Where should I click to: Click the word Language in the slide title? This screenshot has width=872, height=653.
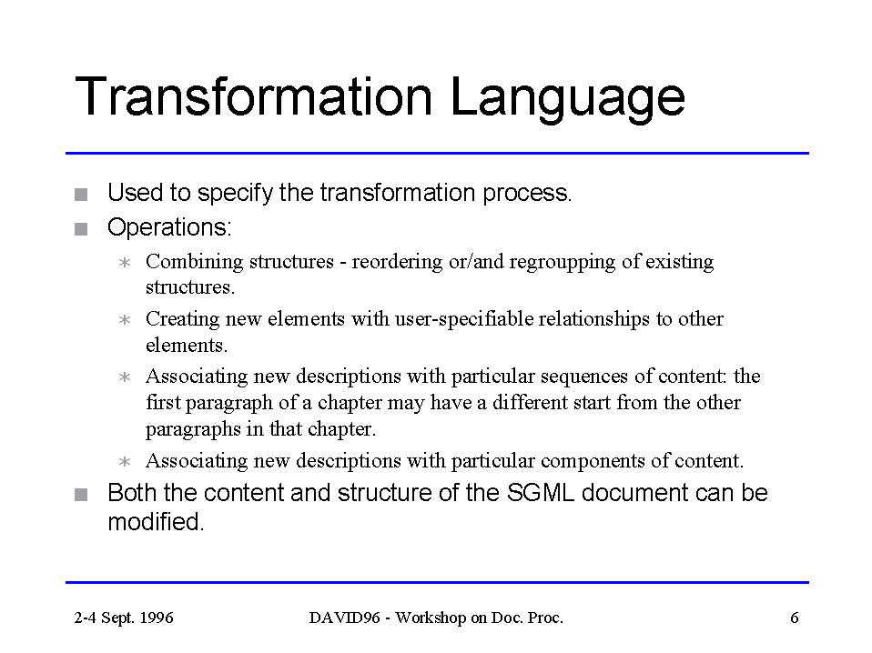(x=567, y=98)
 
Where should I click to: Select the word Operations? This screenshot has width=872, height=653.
(x=169, y=226)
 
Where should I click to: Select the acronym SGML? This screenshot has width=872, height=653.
(x=540, y=493)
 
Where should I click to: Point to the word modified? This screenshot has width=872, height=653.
(x=156, y=522)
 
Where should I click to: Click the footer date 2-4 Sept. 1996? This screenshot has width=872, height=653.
(x=124, y=618)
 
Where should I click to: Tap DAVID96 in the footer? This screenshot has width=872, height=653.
(x=344, y=618)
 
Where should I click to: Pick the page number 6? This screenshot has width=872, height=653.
(x=794, y=618)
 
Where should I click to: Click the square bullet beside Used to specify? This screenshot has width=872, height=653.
(x=81, y=195)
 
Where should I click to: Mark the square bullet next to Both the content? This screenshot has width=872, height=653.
(x=81, y=495)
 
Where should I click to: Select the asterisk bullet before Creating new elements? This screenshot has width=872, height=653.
(x=125, y=319)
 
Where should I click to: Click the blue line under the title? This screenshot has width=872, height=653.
(x=437, y=153)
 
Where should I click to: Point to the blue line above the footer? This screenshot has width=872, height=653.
(x=437, y=582)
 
